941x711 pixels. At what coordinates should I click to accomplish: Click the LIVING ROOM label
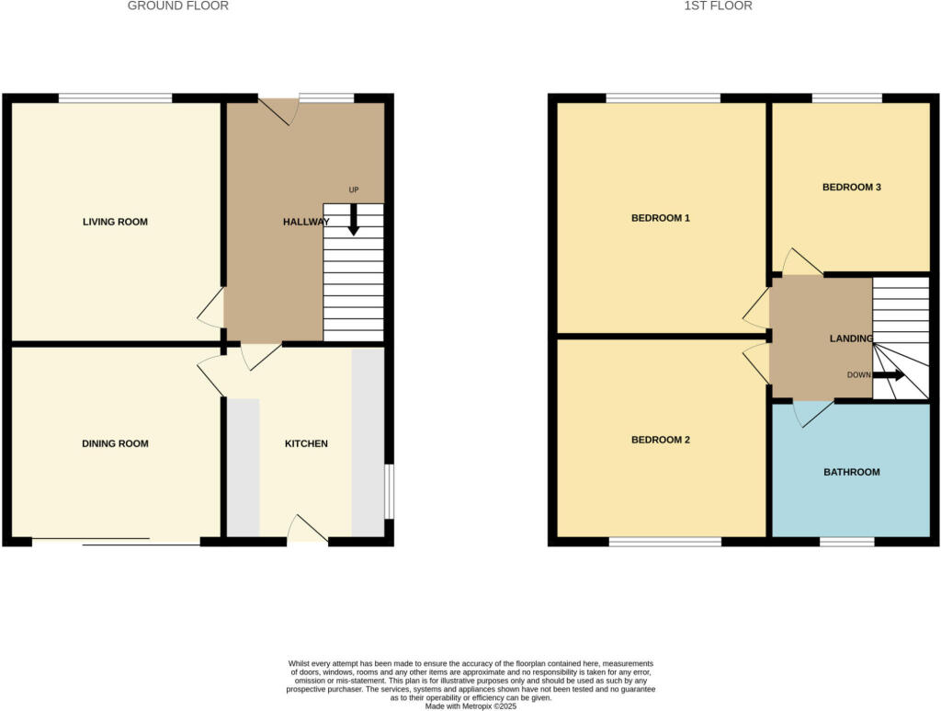115,222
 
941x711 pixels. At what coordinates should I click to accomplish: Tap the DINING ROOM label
115,443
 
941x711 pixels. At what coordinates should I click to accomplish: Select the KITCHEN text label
306,443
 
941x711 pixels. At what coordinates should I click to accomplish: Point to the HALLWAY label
305,222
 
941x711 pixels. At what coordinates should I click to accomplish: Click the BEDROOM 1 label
660,218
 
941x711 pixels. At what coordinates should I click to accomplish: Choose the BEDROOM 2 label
660,440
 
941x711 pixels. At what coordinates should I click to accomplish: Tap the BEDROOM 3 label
851,187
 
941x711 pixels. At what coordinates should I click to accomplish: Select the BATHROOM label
851,472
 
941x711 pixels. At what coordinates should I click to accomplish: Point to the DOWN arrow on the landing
888,375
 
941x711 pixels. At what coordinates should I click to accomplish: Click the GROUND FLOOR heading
177,6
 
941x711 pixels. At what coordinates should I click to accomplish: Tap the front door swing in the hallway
279,110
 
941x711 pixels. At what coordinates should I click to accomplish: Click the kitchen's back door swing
308,528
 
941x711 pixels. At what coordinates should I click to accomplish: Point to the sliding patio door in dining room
116,542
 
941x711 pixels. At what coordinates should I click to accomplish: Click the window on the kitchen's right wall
389,491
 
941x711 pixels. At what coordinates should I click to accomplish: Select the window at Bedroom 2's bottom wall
664,542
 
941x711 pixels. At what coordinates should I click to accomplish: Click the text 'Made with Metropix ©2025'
470,706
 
